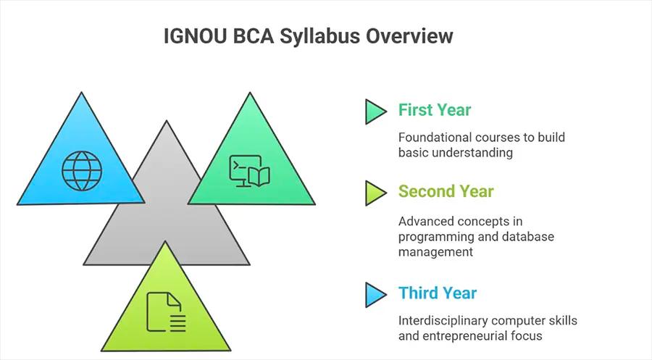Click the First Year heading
[x=435, y=110]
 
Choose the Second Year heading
[x=446, y=191]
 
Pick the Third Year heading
[x=438, y=293]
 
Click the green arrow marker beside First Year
[x=375, y=111]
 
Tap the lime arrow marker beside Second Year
[x=375, y=192]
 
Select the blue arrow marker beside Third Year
[x=375, y=294]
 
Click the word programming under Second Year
[x=432, y=236]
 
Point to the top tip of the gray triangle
[x=167, y=122]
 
